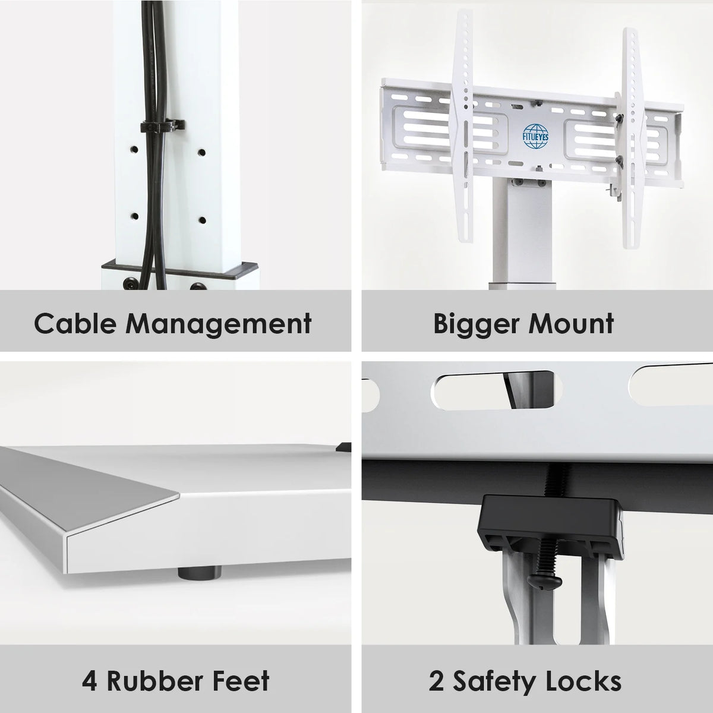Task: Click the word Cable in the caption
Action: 74,323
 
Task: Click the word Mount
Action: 571,323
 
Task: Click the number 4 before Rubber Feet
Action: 89,680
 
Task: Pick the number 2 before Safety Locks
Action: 437,680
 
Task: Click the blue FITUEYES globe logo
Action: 535,137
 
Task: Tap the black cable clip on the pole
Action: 162,127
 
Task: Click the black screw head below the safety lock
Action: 544,583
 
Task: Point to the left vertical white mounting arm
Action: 462,126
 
